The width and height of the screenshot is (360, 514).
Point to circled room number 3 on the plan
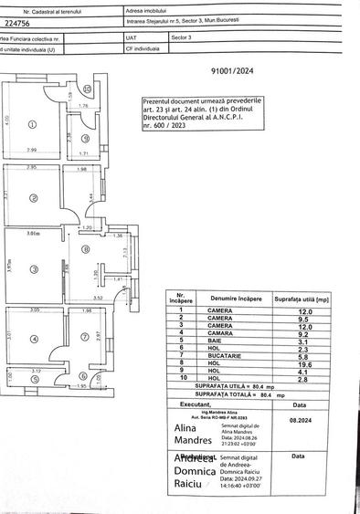32,268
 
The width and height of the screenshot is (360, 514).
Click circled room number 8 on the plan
87,247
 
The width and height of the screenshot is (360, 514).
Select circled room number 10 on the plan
87,89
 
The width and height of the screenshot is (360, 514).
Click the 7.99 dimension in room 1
31,150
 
